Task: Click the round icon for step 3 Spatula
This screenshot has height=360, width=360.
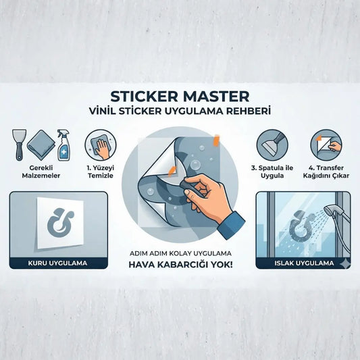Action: [270, 144]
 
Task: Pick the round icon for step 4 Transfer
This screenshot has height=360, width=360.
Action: [325, 144]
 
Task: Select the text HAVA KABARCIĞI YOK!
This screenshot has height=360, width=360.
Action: [180, 265]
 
